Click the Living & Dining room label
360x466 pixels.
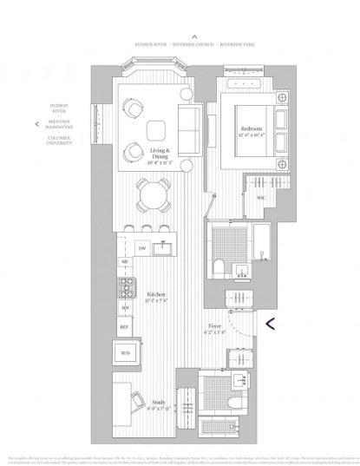point(157,156)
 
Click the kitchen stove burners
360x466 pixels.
point(127,286)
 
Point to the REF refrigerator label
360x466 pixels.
point(125,326)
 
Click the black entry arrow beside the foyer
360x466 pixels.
point(271,325)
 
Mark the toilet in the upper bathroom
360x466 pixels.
point(219,266)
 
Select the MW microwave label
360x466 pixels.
point(125,308)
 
